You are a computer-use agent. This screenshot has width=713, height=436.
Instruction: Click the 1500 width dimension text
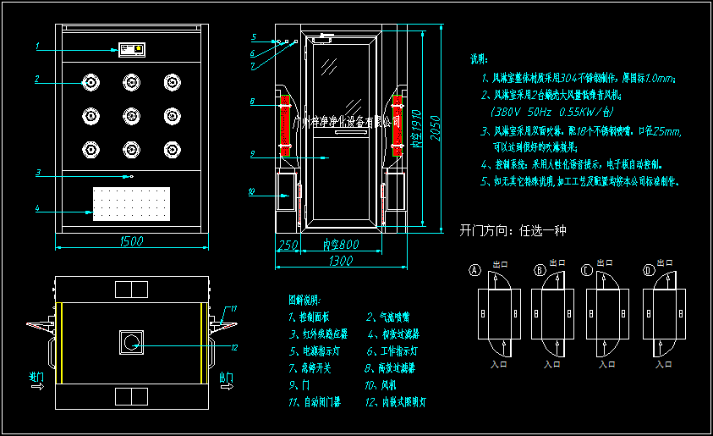pyautogui.click(x=130, y=242)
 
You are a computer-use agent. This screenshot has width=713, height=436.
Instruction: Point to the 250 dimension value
pyautogui.click(x=288, y=245)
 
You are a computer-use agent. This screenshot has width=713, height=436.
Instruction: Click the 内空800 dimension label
pyautogui.click(x=343, y=245)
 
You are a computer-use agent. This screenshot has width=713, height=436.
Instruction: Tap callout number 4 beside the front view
pyautogui.click(x=37, y=207)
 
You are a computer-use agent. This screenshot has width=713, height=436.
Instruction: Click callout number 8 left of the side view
pyautogui.click(x=252, y=102)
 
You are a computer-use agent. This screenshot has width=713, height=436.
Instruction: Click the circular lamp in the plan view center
pyautogui.click(x=131, y=341)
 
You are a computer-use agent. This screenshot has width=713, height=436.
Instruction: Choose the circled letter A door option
pyautogui.click(x=475, y=270)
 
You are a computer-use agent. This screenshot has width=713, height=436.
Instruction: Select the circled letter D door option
pyautogui.click(x=649, y=270)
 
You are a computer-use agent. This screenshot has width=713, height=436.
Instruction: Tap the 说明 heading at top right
pyautogui.click(x=479, y=60)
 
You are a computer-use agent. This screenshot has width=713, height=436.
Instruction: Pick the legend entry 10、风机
pyautogui.click(x=385, y=385)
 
